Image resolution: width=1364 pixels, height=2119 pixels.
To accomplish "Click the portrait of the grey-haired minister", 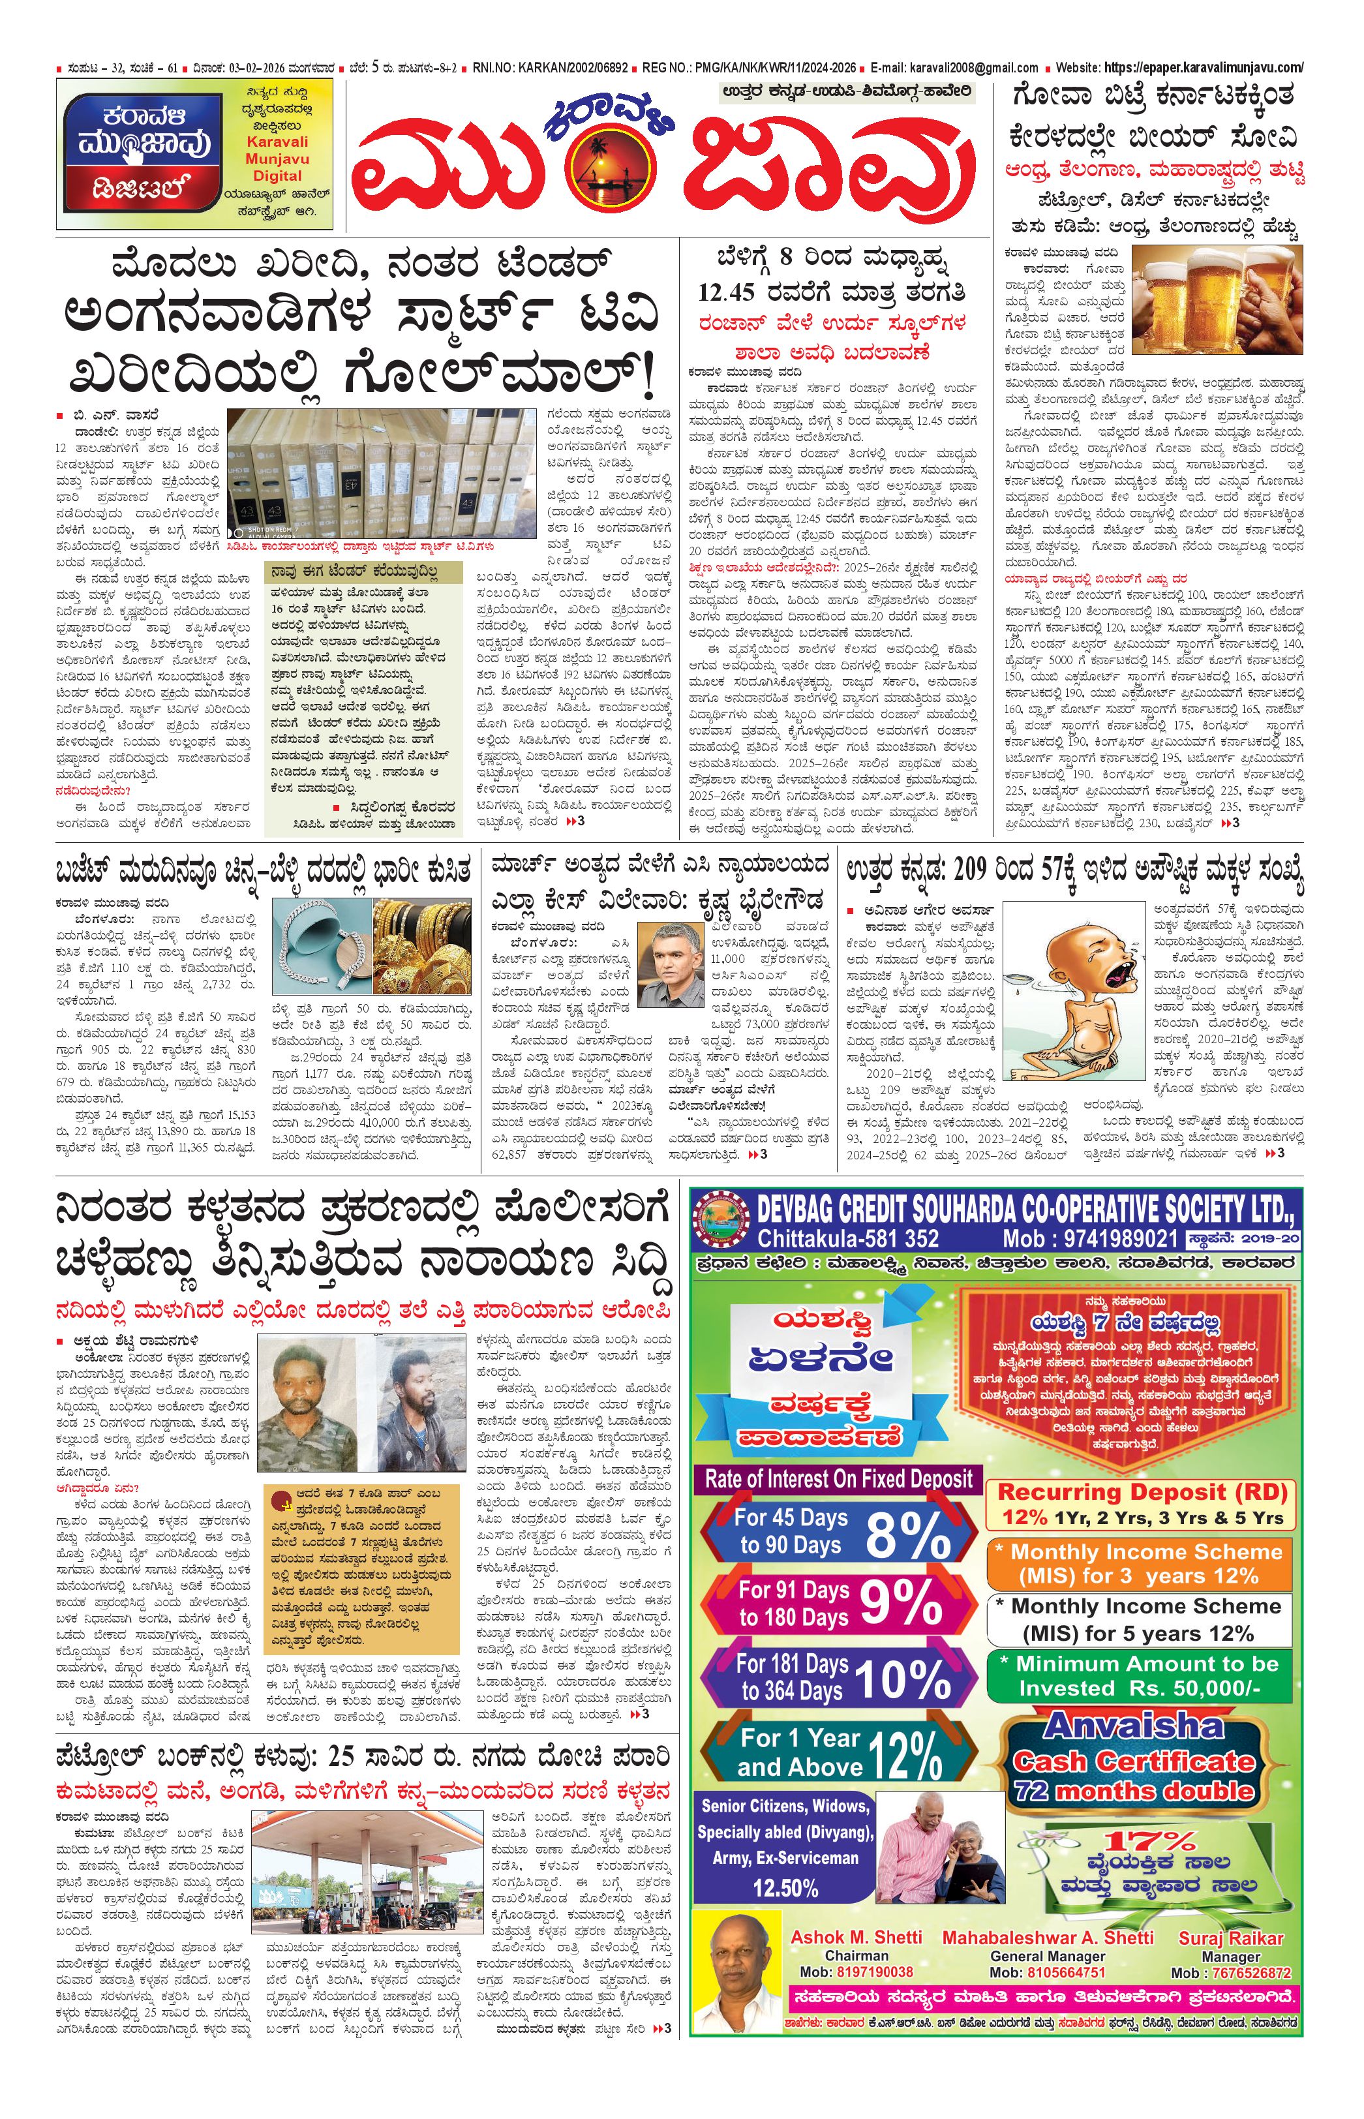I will pyautogui.click(x=673, y=956).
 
